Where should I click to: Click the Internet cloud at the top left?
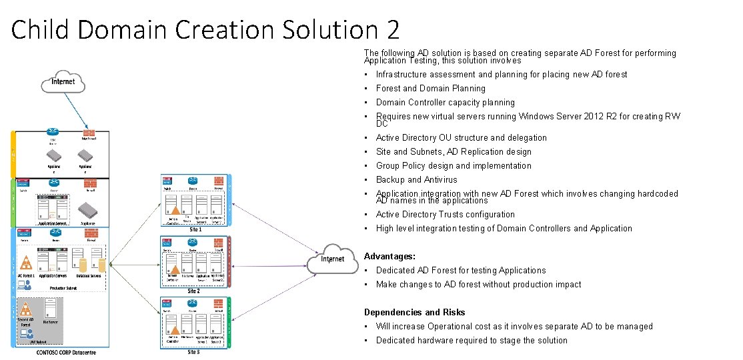63,82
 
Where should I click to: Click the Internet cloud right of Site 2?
333,259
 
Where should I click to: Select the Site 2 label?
193,291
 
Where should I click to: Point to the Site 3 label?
193,352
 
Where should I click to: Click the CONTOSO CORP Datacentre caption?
66,352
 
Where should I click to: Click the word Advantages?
390,256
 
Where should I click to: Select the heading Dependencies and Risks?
414,312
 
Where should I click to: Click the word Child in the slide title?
41,30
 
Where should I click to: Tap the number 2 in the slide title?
392,30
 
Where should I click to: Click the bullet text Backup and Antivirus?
416,179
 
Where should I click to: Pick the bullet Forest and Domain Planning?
430,88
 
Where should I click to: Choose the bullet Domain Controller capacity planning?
445,102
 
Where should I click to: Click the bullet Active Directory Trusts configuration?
445,214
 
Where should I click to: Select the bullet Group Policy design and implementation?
454,165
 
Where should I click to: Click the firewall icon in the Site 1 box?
218,181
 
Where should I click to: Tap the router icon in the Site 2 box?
193,242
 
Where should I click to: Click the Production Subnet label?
66,288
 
